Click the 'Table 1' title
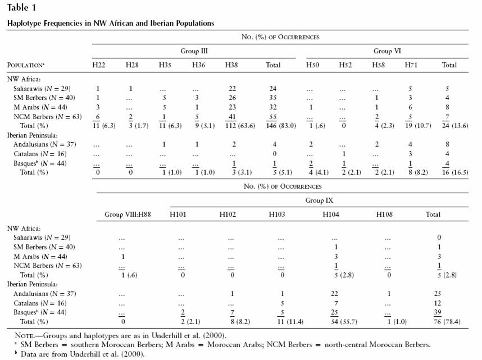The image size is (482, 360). click(x=21, y=8)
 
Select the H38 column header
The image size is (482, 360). click(x=231, y=65)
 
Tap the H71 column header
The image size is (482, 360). click(x=411, y=65)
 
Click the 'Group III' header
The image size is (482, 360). click(x=194, y=51)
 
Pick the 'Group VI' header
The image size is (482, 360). click(x=387, y=51)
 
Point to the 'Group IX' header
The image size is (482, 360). click(x=319, y=200)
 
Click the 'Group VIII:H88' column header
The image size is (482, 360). click(x=128, y=215)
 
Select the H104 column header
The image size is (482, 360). click(x=331, y=215)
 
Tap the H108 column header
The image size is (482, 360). click(x=384, y=215)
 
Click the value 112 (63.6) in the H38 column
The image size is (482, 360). click(x=240, y=126)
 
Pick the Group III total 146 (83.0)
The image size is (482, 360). click(x=281, y=126)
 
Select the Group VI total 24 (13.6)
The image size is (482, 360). click(x=455, y=126)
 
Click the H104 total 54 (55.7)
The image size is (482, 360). click(x=344, y=322)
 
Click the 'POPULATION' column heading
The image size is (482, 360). click(x=26, y=65)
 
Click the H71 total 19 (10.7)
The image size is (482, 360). click(x=418, y=126)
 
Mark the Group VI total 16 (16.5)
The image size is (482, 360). click(x=455, y=172)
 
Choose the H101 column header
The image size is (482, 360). click(x=178, y=215)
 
